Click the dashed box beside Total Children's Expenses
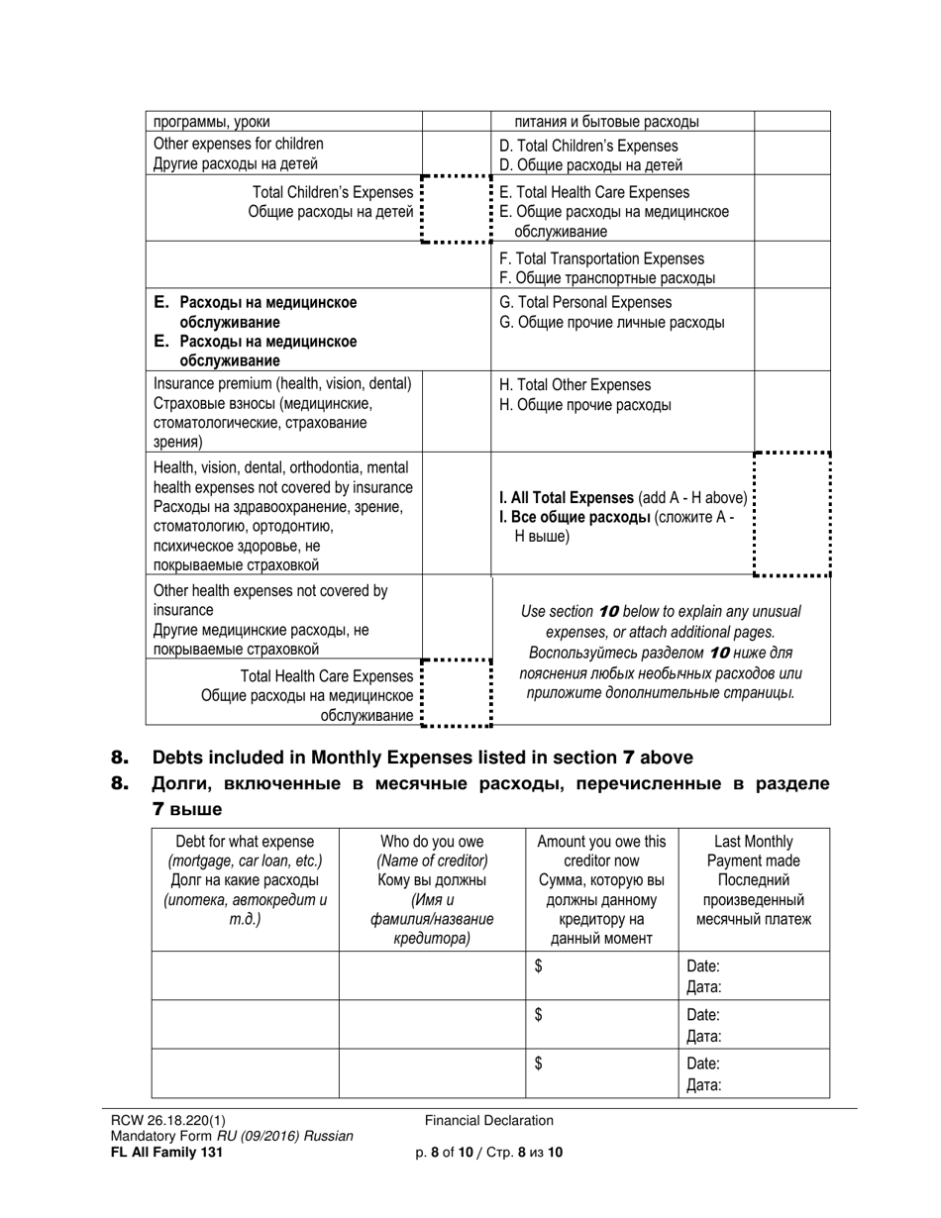point(457,209)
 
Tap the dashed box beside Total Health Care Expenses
point(457,692)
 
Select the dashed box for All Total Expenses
point(791,513)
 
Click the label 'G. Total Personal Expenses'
point(585,302)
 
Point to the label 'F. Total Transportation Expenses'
point(602,258)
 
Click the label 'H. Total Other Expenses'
point(575,384)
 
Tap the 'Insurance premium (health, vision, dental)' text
point(281,383)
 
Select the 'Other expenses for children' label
point(239,144)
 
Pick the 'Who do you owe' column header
point(431,842)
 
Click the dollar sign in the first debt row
point(539,967)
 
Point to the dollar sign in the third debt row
point(539,1065)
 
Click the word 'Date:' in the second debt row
point(703,1015)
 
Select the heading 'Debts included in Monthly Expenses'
point(421,758)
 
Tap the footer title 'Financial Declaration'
point(489,1121)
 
